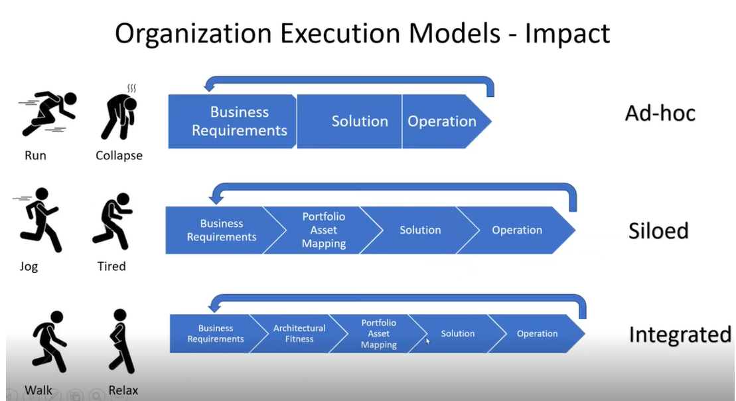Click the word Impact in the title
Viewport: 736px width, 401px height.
(567, 34)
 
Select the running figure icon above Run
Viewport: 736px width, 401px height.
(47, 113)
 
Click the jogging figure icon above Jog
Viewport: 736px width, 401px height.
(38, 220)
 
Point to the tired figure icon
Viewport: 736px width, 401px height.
(112, 220)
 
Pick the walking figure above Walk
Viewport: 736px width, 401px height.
(49, 342)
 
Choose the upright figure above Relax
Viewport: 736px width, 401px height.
(121, 341)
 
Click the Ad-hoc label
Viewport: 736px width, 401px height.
(660, 113)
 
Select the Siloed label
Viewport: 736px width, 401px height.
(658, 230)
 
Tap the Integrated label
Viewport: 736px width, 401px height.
(680, 335)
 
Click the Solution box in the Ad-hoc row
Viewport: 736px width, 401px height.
(349, 121)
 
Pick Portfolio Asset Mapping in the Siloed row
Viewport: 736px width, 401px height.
(323, 230)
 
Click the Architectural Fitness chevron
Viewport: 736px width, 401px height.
(299, 333)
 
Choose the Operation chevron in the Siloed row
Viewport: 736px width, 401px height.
(516, 230)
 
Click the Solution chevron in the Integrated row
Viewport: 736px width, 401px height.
(458, 333)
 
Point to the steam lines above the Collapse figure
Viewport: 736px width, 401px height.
(132, 88)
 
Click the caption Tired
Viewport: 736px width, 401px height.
(111, 266)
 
